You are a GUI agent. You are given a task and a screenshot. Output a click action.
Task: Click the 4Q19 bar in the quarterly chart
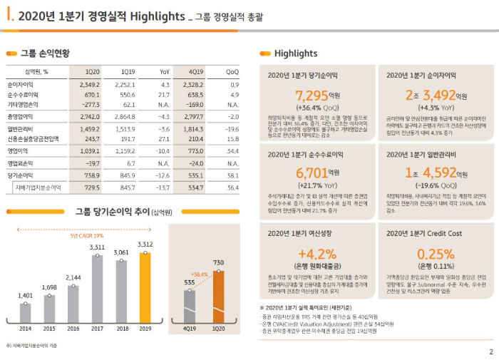(189, 306)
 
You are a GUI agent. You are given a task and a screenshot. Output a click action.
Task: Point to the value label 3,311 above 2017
(98, 247)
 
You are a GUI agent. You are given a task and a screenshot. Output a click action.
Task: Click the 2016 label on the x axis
(73, 328)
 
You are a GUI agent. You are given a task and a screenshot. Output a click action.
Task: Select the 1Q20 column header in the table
(92, 72)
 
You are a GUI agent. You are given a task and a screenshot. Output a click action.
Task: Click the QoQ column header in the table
(232, 72)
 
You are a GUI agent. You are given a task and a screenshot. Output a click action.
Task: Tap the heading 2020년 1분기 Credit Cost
(426, 232)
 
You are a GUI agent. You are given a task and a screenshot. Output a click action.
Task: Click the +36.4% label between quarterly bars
(200, 274)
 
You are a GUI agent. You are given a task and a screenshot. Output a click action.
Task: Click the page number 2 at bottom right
(490, 351)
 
